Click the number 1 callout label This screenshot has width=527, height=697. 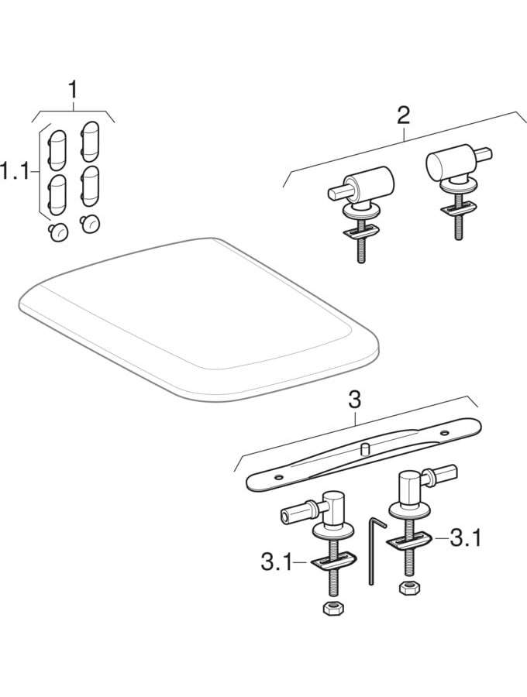[73, 91]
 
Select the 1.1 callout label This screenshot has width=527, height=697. [14, 171]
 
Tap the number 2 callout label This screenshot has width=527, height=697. [403, 115]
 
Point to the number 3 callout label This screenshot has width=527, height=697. [354, 400]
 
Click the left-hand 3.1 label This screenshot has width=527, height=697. [276, 563]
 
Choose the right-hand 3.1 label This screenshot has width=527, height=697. [466, 539]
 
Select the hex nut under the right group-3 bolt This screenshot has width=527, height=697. [408, 588]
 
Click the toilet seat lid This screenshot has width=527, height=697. [198, 319]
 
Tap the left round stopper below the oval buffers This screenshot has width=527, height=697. [59, 232]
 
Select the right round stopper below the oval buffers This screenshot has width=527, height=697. [89, 224]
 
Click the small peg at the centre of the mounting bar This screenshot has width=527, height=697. [366, 448]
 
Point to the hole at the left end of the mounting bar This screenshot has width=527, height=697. [278, 477]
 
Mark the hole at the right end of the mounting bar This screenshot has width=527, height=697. [444, 432]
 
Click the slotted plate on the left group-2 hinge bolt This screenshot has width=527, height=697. [361, 232]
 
